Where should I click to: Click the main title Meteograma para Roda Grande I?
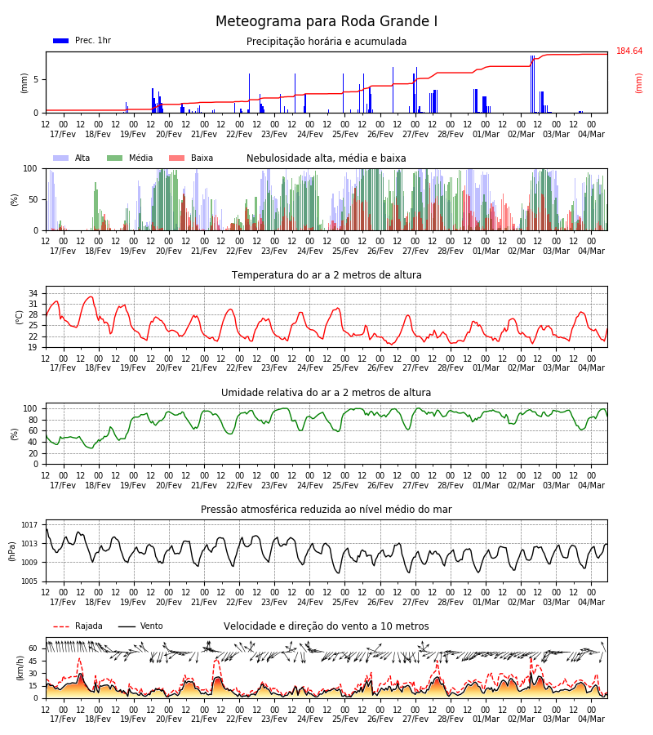326,21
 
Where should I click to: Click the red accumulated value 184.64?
629,51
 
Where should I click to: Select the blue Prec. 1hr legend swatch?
61,41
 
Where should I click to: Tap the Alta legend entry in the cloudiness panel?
72,158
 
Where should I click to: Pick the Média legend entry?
130,158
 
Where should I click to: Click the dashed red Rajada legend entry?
78,626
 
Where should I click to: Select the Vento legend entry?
140,626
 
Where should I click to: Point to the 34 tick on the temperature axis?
33,293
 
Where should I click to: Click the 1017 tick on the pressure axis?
29,525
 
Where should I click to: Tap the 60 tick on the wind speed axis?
33,648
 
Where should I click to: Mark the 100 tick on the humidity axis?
30,409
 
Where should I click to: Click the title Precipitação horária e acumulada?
326,42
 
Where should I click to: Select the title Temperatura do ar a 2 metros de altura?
326,275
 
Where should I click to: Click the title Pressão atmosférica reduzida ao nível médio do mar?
326,509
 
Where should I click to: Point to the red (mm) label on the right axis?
638,83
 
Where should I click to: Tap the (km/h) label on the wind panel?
20,667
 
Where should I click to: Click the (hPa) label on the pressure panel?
12,551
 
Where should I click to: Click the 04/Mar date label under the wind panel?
591,719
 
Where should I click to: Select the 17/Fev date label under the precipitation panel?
63,134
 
